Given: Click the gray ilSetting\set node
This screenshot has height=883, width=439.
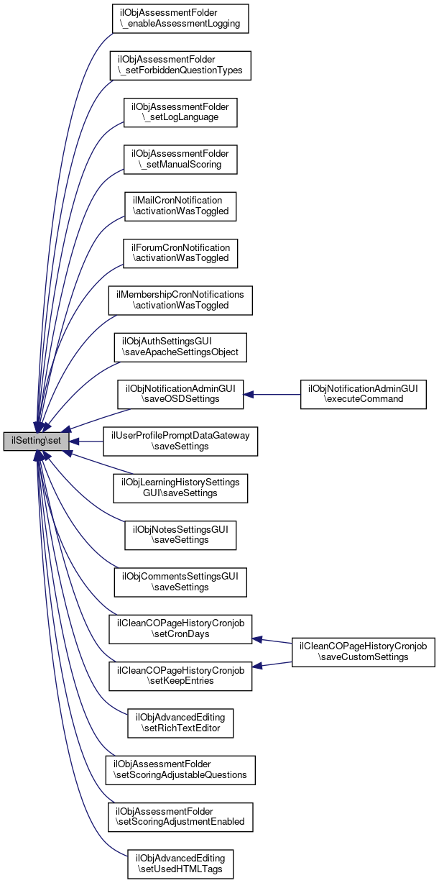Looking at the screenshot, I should click(x=36, y=441).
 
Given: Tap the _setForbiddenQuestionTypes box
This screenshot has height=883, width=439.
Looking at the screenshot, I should click(x=180, y=65).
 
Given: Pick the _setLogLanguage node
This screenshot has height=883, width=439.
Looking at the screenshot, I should click(x=180, y=111).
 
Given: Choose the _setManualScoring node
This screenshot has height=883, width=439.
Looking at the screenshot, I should click(x=180, y=158).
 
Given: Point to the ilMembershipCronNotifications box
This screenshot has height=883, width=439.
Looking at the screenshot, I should click(x=180, y=299).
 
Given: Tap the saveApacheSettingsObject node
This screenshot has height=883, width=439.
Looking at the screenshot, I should click(x=180, y=347).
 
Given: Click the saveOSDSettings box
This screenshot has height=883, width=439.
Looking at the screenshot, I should click(x=180, y=394).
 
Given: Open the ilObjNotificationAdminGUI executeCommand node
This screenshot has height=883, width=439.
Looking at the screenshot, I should click(x=364, y=394).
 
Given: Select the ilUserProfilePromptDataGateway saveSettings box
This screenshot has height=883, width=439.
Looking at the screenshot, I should click(x=180, y=441).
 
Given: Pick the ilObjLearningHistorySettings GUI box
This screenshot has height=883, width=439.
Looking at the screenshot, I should click(x=180, y=488).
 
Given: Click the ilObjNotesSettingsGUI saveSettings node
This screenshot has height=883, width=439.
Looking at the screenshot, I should click(x=180, y=534).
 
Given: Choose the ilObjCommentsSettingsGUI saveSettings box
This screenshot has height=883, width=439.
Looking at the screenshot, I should click(x=180, y=581).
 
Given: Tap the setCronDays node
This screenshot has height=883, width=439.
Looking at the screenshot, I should click(x=180, y=628).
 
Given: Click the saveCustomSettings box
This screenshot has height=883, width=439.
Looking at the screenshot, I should click(x=364, y=652).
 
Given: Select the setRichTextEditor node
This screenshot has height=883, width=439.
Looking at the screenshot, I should click(x=180, y=723).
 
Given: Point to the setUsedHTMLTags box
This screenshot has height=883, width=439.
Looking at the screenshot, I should click(x=180, y=864).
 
